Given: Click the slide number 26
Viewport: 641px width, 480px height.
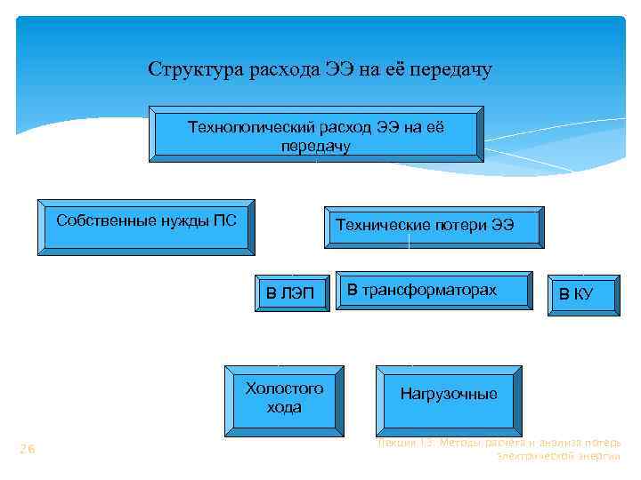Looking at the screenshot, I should point(28,450).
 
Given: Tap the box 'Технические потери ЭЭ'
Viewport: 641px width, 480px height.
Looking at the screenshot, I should point(424,225).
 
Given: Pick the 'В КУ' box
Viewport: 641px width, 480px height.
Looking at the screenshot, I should point(582,292).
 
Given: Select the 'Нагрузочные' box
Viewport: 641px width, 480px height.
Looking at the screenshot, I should point(449,394).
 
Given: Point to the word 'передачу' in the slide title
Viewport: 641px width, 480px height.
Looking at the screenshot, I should point(450,69).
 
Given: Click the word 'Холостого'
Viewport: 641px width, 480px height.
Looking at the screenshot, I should point(285,388).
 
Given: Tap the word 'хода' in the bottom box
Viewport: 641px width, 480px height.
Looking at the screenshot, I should point(285,408).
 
